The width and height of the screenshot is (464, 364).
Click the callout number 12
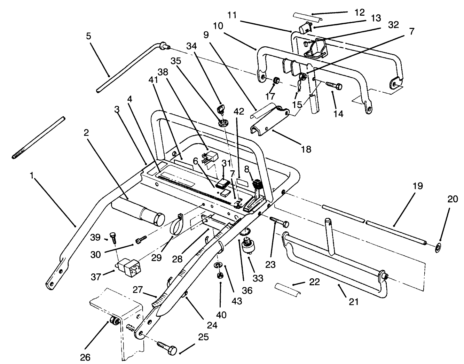click(x=360, y=13)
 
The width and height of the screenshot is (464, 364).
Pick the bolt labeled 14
click(x=334, y=85)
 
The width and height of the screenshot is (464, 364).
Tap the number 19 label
click(x=418, y=186)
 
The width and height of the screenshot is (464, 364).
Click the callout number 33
click(x=259, y=278)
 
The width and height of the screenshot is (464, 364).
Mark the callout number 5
click(x=88, y=37)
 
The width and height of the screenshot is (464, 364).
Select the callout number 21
click(x=353, y=302)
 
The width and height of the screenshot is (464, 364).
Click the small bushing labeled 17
click(x=277, y=82)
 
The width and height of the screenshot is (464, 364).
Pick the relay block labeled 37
click(x=127, y=265)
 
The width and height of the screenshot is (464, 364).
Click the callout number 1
click(x=32, y=176)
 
